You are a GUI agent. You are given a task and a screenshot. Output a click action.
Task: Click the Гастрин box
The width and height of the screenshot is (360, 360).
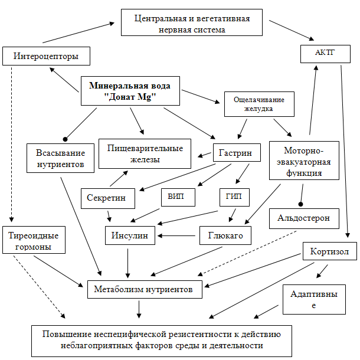[x=235, y=153]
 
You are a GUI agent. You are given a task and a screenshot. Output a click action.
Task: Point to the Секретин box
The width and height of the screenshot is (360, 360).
[x=107, y=198]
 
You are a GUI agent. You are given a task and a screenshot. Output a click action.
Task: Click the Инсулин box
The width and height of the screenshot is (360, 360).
[x=130, y=235]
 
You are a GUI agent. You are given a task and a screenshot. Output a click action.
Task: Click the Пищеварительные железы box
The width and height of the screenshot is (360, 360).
[x=145, y=153]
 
